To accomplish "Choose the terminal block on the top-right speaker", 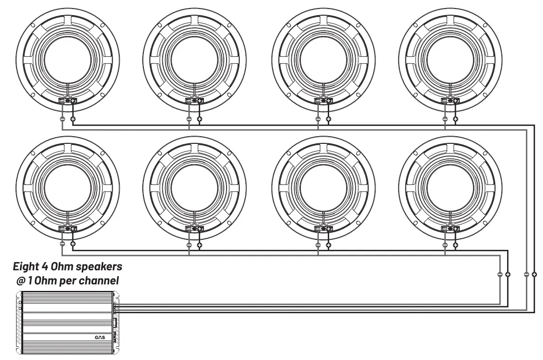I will [449, 100].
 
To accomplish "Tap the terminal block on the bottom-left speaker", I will [68, 228].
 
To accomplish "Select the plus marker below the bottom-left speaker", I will [73, 245].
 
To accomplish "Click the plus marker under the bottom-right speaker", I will [455, 245].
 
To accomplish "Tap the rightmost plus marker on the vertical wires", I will [534, 274].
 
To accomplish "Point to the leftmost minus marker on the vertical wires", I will [500, 274].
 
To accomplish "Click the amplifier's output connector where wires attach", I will [116, 308].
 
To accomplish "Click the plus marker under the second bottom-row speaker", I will [200, 245].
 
